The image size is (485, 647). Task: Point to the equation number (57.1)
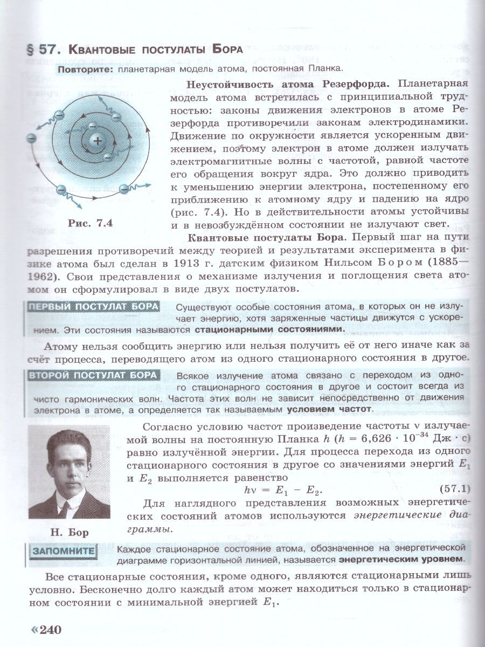(x=454, y=489)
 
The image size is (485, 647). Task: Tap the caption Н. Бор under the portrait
(x=68, y=533)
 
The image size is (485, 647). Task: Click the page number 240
(x=52, y=630)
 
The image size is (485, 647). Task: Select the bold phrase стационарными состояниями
(x=269, y=329)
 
